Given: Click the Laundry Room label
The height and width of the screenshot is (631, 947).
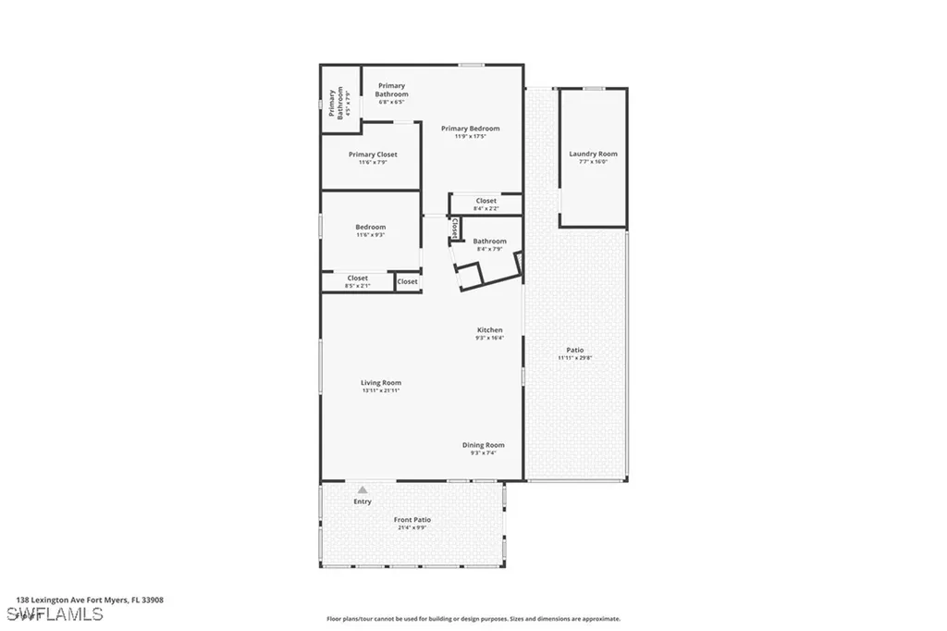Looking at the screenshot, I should [x=593, y=154].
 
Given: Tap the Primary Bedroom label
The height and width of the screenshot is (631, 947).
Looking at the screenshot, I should [x=470, y=129].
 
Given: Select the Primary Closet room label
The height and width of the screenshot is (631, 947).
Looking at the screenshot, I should [x=373, y=155].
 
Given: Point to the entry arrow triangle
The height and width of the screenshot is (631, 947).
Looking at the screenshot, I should [x=363, y=489].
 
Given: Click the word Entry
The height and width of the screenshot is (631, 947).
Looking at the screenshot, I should [x=363, y=501].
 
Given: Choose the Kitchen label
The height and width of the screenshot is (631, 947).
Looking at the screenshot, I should [x=489, y=330].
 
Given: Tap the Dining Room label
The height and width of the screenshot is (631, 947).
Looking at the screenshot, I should [x=484, y=445].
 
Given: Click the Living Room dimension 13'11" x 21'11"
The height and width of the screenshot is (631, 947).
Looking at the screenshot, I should [x=381, y=390].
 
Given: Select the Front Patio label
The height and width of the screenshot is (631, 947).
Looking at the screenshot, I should [x=412, y=520].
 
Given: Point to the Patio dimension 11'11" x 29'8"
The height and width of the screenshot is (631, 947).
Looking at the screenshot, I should [x=574, y=357].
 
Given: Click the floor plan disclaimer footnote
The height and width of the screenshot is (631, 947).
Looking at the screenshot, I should [x=473, y=619].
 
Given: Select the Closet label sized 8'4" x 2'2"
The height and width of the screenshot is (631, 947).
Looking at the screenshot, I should [x=486, y=201].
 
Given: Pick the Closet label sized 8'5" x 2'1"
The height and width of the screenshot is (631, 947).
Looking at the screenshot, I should [x=358, y=278].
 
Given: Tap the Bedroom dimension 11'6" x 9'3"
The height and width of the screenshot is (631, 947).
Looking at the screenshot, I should [x=370, y=235].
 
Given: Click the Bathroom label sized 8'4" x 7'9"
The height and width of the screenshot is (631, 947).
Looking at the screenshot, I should [x=489, y=241].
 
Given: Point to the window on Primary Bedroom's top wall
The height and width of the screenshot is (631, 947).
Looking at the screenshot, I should [x=472, y=65].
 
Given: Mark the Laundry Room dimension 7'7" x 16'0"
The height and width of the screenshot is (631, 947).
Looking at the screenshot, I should [x=593, y=162].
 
